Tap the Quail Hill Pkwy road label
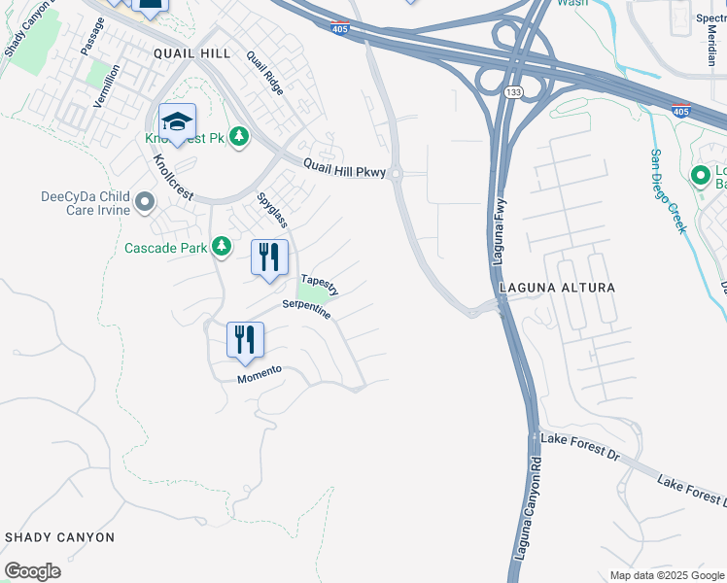tap(344, 169)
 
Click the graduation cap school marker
tap(178, 122)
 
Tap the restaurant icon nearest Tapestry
tap(268, 257)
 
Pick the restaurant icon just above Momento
tap(245, 339)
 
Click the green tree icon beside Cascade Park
tap(222, 247)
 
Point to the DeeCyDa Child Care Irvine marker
tap(145, 202)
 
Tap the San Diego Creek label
tap(668, 191)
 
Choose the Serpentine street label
tap(307, 310)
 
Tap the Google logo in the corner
tap(32, 570)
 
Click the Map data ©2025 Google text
tap(666, 575)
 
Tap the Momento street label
tap(260, 373)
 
